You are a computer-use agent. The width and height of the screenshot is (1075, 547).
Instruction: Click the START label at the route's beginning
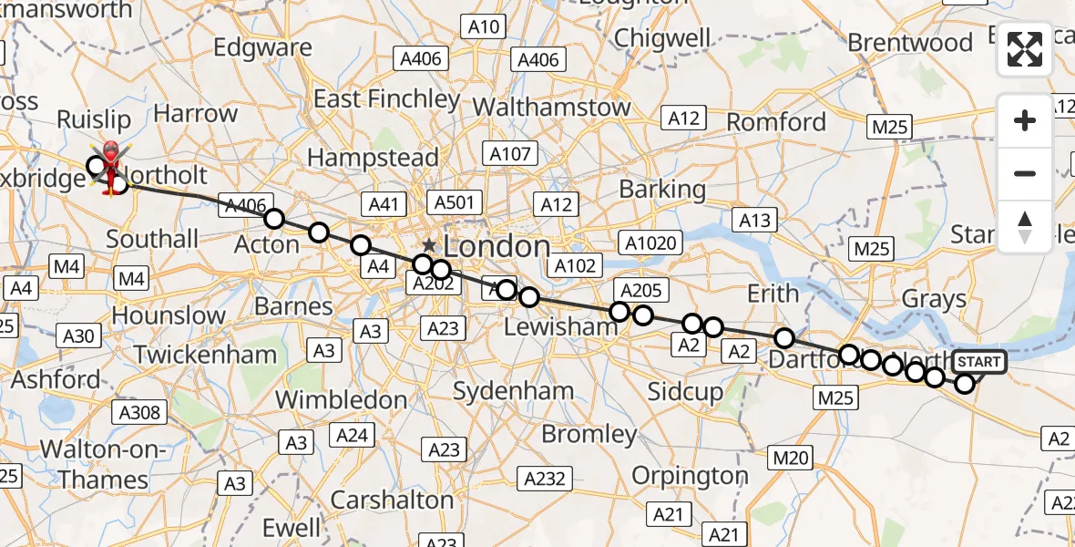coord(979,362)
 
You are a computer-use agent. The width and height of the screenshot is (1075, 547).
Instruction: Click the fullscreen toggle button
coord(1025,49)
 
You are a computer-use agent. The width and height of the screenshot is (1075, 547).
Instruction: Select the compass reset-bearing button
coord(1025,226)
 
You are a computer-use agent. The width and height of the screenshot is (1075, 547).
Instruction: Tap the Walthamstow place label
coord(551,107)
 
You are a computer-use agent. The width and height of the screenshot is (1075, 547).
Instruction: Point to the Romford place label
coord(776,121)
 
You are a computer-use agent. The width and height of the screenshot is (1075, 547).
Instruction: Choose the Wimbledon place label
coord(341,399)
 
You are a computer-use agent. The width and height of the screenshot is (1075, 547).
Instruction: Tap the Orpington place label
coord(690,476)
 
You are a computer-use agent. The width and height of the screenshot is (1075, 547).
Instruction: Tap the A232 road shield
coord(546,478)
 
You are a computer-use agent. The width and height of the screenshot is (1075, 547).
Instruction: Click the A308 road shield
coord(141,413)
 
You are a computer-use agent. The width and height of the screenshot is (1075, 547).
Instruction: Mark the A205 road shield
coord(641,291)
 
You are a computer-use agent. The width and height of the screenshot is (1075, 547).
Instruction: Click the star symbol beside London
coord(429,246)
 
